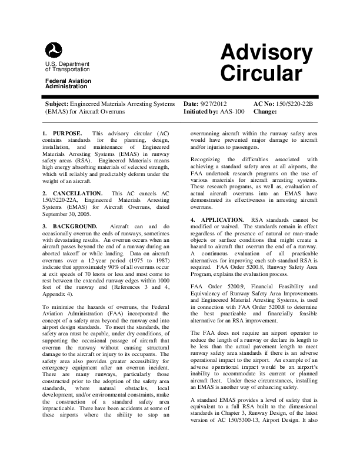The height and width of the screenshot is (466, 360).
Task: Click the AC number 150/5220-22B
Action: [x=298, y=103]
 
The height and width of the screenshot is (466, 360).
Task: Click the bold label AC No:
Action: [x=263, y=103]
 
